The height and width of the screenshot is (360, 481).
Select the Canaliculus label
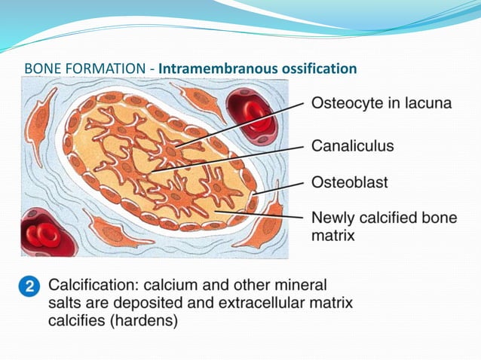click(352, 145)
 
